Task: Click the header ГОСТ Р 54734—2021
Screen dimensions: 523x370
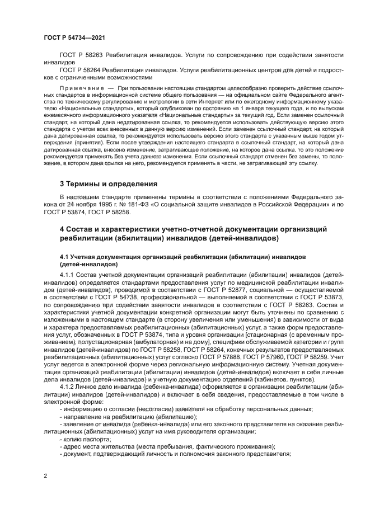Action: [x=74, y=38]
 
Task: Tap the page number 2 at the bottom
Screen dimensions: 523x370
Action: [x=44, y=476]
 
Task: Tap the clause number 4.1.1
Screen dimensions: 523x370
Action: [x=68, y=275]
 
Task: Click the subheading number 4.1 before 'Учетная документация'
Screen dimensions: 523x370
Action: [x=64, y=256]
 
